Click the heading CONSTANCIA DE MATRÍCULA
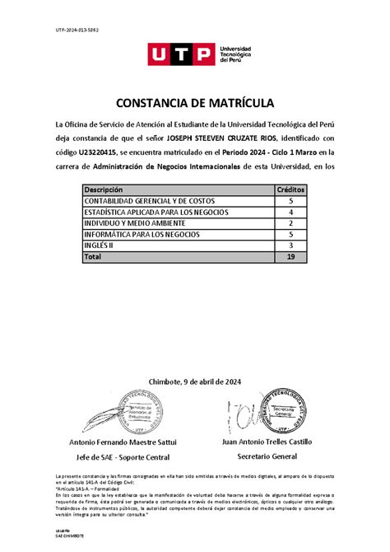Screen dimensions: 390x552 [x=194, y=103]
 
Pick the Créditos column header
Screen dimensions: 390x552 [x=290, y=189]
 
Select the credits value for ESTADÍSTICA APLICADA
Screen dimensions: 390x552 [x=290, y=212]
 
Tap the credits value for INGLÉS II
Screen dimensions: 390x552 [x=290, y=246]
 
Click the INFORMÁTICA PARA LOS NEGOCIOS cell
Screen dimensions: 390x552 [x=142, y=235]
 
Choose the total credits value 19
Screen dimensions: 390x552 [x=290, y=257]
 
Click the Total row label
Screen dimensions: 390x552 [x=92, y=257]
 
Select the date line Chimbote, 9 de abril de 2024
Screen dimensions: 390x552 [x=194, y=381]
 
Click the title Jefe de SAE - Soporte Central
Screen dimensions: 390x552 [x=123, y=456]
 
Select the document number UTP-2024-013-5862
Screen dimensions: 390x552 [x=77, y=30]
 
